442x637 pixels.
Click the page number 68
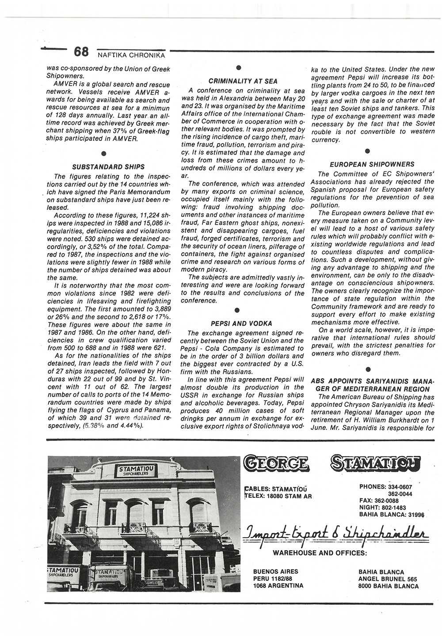pyautogui.click(x=81, y=52)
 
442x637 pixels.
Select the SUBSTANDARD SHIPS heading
pyautogui.click(x=108, y=167)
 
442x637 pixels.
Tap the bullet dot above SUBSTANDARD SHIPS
pyautogui.click(x=103, y=154)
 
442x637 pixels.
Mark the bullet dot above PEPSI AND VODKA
pyautogui.click(x=237, y=310)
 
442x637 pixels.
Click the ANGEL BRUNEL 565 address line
pyautogui.click(x=388, y=579)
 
